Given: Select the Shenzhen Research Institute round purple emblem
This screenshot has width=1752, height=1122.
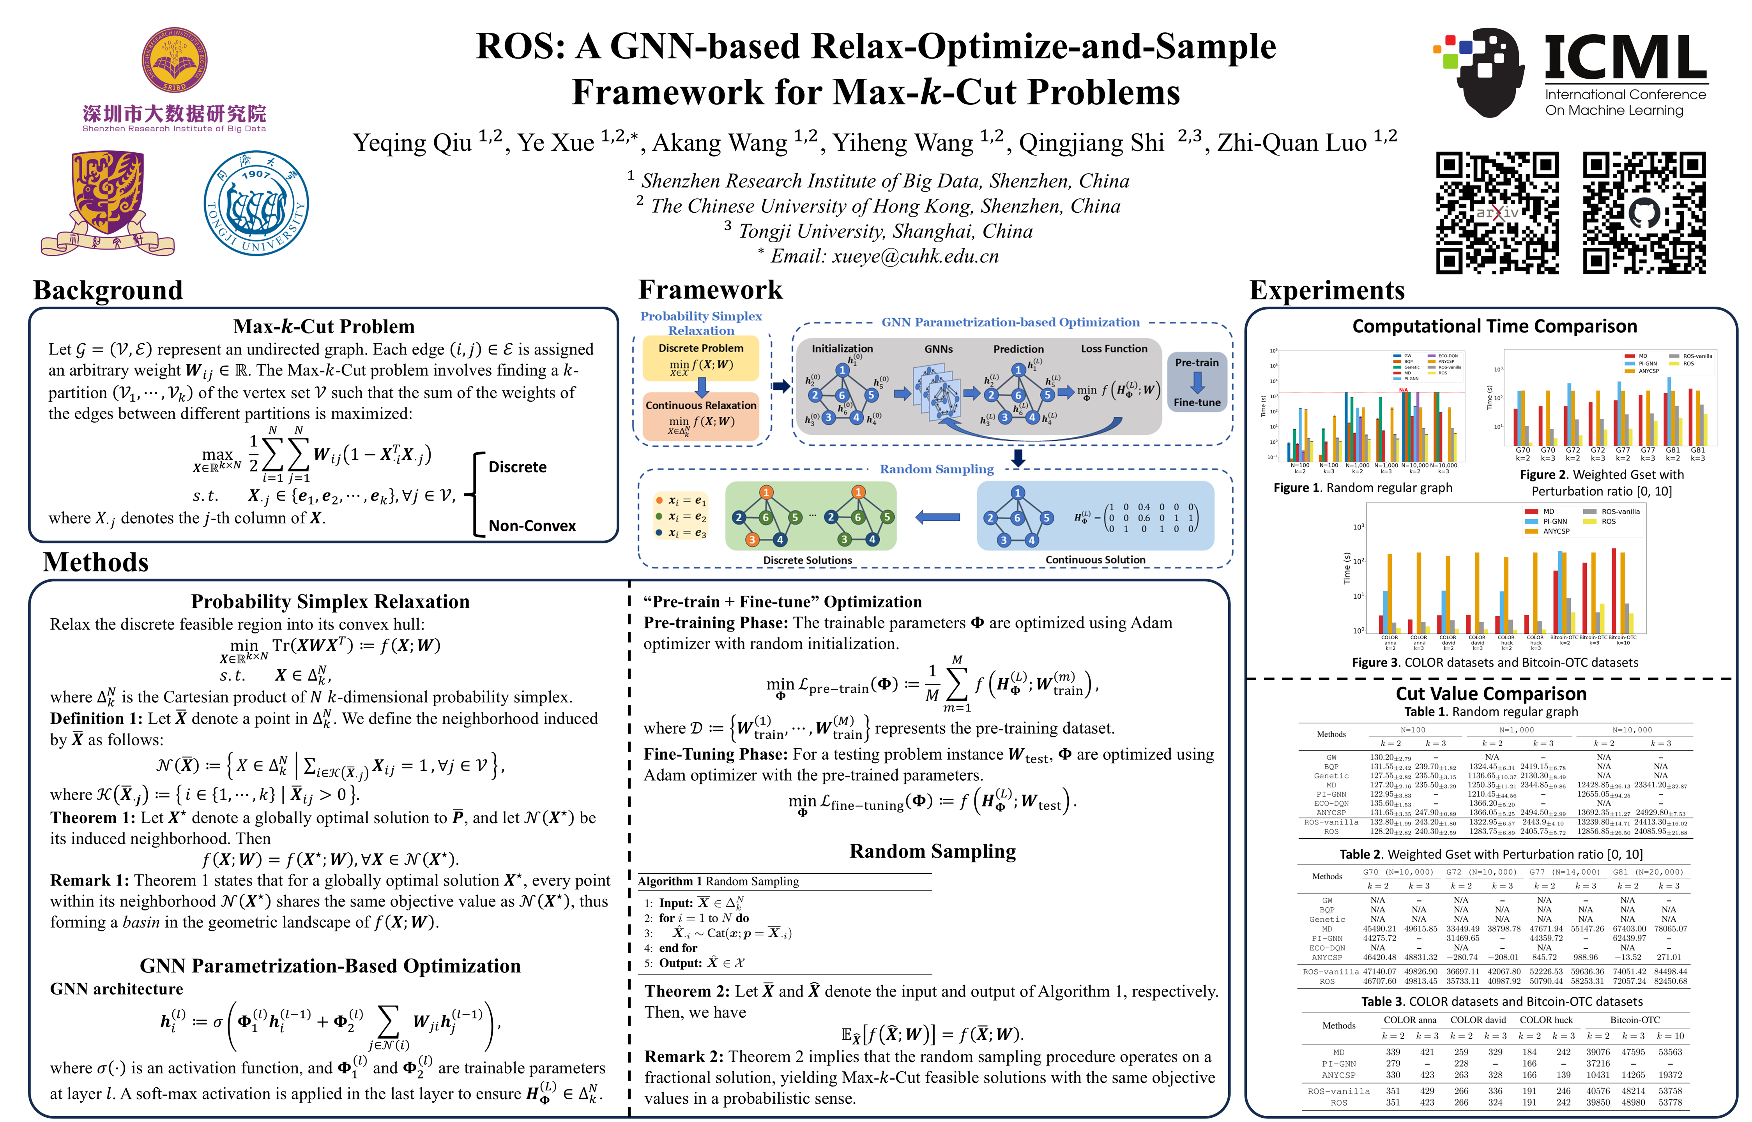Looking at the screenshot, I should coord(175,60).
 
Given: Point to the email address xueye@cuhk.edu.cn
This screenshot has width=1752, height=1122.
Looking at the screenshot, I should coord(915,256).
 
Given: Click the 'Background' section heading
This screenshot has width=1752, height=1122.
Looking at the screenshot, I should coord(108,290).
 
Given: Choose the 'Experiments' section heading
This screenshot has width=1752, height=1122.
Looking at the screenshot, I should coord(1326,290).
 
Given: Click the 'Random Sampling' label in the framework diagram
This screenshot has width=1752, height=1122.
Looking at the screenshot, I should coord(937,469).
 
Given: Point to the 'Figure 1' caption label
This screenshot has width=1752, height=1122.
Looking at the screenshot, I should coord(1297,488).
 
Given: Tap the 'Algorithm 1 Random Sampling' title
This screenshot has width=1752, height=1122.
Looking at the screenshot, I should coord(718,882).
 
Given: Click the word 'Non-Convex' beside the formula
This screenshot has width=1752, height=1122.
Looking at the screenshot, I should coord(532,526).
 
